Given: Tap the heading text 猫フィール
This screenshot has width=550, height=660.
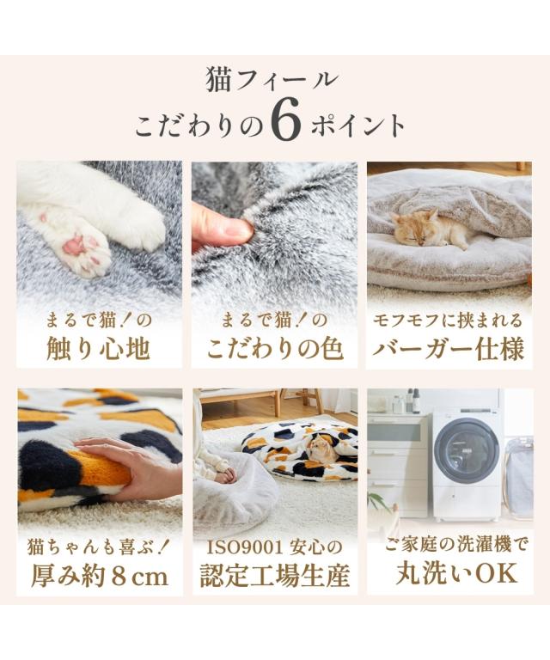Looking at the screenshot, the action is [x=272, y=80].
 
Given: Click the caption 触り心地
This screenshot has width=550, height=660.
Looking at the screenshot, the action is [x=98, y=349].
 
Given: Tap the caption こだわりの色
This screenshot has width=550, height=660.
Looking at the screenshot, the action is [x=275, y=349].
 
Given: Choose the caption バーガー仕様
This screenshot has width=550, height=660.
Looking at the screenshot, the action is [x=449, y=349].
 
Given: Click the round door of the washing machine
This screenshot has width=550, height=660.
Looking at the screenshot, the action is [x=467, y=449].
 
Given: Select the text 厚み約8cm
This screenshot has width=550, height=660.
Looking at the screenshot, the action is [x=100, y=576].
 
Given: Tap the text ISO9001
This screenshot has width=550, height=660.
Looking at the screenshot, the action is [x=244, y=547].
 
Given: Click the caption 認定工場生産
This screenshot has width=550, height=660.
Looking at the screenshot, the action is [x=275, y=576].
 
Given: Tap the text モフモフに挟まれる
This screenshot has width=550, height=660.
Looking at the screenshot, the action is [x=448, y=321].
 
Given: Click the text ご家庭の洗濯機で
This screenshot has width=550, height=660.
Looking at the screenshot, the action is [x=455, y=546].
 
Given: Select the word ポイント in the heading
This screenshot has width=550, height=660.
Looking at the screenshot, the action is [x=357, y=124].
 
